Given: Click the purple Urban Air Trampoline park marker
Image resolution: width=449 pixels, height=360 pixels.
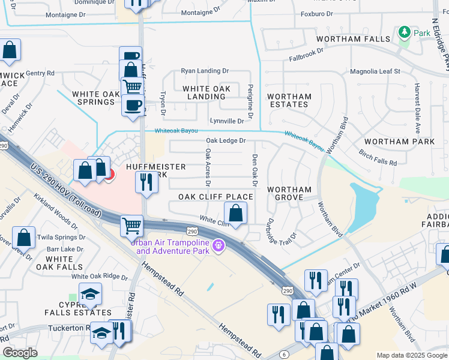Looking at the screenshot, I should click(x=220, y=245).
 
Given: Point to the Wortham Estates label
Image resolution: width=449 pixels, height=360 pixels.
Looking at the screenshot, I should click(x=289, y=100).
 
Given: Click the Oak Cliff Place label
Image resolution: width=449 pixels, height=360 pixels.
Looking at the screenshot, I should click(x=215, y=197).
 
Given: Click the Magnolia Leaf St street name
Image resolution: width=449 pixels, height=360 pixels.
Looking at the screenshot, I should click(x=375, y=71).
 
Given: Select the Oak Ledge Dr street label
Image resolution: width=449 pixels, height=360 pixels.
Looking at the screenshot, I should click(x=226, y=140).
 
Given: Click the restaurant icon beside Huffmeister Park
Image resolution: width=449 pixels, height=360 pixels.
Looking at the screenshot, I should click(x=146, y=182).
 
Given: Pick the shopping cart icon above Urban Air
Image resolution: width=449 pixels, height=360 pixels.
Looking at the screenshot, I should click(x=131, y=226).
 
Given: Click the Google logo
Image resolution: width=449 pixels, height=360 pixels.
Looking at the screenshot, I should click(x=20, y=353).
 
